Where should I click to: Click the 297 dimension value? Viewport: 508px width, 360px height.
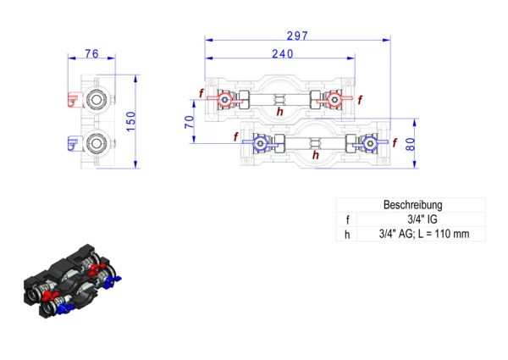point(297,36)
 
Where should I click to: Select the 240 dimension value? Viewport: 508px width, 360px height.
point(283,54)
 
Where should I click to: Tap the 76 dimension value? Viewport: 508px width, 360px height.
point(91,53)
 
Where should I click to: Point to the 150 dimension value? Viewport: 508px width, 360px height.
point(130,121)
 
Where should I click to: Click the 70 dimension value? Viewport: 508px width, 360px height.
point(190,122)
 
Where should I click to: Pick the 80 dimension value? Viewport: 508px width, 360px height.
point(410,144)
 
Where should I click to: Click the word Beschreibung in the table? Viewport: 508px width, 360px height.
point(413,205)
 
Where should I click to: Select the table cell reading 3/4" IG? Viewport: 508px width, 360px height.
point(422,219)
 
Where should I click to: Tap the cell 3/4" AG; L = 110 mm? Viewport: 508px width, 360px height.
point(424,234)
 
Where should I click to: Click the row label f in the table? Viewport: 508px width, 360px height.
point(347,219)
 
